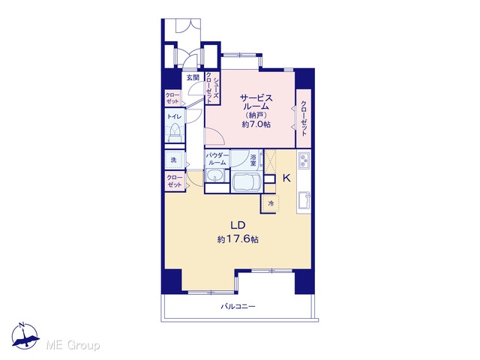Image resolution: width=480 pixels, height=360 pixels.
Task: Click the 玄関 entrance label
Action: tap(193, 78)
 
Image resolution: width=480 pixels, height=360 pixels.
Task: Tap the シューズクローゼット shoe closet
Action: tap(212, 88)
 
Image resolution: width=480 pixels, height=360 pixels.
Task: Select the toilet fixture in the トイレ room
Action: tap(175, 133)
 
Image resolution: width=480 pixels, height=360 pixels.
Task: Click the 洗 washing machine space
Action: tap(175, 160)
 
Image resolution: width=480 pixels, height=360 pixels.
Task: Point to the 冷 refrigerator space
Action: tap(270, 203)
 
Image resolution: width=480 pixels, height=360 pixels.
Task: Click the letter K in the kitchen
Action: tap(286, 178)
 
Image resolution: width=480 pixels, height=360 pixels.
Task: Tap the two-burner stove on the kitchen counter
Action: tap(304, 160)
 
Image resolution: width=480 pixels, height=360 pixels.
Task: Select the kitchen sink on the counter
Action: tap(304, 200)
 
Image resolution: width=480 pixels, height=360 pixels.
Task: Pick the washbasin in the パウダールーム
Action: tap(215, 175)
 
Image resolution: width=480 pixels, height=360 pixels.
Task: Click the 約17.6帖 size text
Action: tap(238, 239)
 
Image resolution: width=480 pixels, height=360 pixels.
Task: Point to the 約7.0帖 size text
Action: tap(256, 124)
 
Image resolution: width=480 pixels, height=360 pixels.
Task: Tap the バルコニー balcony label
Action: tap(238, 307)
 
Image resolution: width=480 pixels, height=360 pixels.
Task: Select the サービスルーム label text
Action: tap(256, 103)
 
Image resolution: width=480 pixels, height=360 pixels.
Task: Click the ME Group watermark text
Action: tap(73, 346)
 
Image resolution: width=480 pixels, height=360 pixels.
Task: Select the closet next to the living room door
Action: tap(175, 181)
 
